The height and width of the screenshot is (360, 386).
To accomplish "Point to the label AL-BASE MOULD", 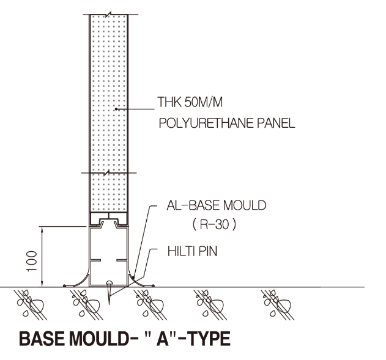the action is coord(216,206).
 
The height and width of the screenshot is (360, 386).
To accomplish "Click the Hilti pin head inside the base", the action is coord(109,282).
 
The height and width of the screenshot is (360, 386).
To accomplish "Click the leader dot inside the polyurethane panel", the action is coord(116,109).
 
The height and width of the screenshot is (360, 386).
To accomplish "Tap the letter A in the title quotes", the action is coord(155,339).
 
